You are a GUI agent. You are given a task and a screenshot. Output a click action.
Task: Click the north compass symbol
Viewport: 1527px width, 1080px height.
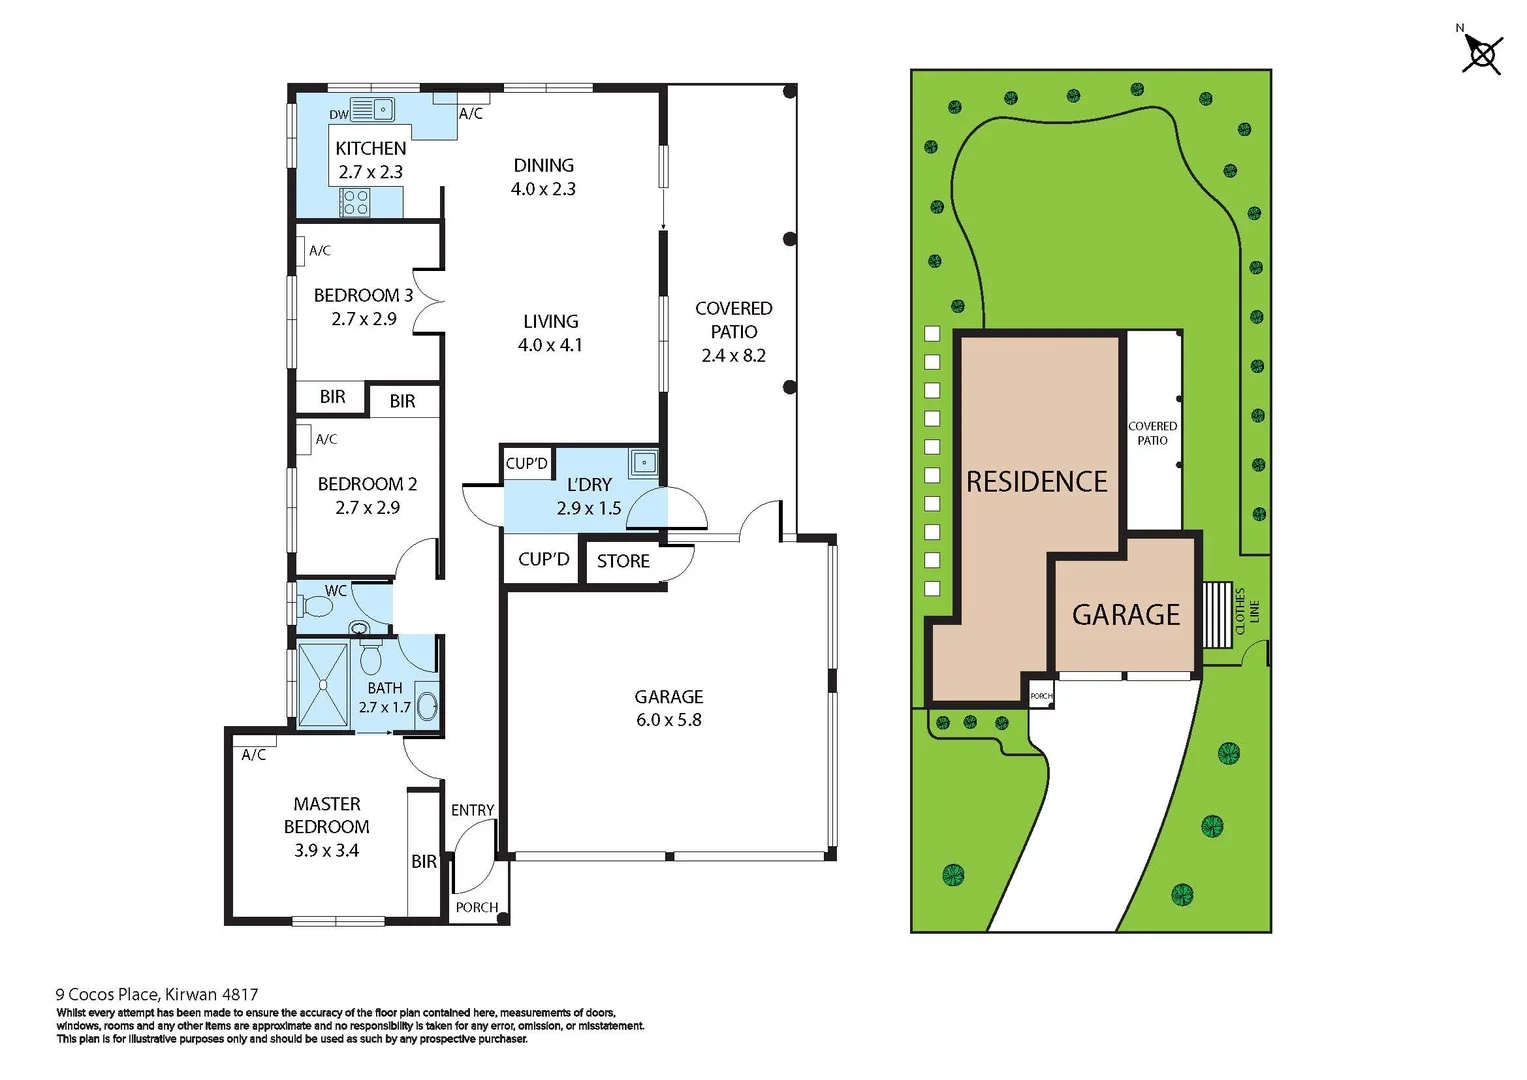tap(1481, 53)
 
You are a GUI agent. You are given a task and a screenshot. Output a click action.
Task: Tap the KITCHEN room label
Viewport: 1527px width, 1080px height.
tap(370, 148)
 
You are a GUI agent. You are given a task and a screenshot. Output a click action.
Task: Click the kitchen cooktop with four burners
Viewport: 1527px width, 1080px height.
tap(356, 203)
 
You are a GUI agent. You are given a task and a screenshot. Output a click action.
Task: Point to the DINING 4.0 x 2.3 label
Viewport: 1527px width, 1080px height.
tap(543, 177)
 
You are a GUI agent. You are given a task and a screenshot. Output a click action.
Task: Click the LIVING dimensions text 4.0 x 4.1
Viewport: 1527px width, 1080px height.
tap(549, 345)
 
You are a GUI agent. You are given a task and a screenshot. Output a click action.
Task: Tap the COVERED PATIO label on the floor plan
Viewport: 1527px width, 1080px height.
tap(733, 320)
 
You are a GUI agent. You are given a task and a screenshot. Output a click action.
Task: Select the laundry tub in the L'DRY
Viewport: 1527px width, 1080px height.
tap(644, 462)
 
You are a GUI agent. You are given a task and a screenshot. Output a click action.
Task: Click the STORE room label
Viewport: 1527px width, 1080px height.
tap(623, 561)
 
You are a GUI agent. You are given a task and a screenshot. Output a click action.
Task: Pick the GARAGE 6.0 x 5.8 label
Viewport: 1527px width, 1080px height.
tap(668, 708)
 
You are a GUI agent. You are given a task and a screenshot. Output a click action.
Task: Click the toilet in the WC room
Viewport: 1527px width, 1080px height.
tap(317, 607)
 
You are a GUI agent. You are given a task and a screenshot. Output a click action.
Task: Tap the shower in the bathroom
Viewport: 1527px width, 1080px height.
tap(323, 686)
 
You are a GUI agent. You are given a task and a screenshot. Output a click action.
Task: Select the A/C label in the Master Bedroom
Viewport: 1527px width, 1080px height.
tap(254, 755)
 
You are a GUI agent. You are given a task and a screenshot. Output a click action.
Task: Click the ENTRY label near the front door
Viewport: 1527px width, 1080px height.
tap(472, 810)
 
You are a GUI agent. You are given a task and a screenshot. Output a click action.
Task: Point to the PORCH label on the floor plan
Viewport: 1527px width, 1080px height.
tap(476, 907)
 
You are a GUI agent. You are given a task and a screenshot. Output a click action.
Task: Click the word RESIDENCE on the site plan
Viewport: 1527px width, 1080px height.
tap(1036, 482)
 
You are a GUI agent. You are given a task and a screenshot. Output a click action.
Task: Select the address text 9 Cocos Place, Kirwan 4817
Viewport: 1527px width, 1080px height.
tap(157, 994)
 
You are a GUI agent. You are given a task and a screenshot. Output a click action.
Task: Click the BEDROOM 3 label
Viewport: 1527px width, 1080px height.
tap(363, 295)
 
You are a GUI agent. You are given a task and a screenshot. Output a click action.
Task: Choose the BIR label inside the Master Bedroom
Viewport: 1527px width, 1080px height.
tap(424, 861)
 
